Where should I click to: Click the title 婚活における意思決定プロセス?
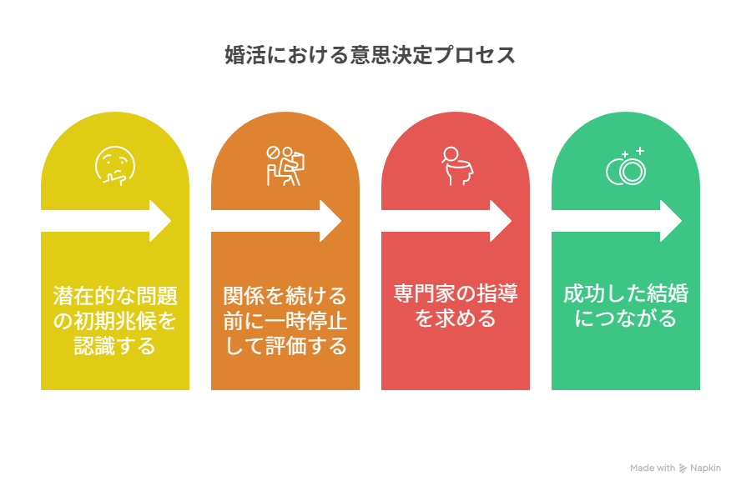(x=370, y=55)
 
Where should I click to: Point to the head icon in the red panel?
(x=455, y=166)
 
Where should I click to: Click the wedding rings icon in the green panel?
(x=626, y=167)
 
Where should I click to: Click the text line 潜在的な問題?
(x=115, y=295)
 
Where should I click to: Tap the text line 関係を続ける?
(x=285, y=295)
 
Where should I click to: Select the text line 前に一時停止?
(x=285, y=320)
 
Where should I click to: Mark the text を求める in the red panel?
(x=456, y=318)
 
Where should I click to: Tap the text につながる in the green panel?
(x=626, y=318)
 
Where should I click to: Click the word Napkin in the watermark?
(x=705, y=468)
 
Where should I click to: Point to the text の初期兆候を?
(x=115, y=320)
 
